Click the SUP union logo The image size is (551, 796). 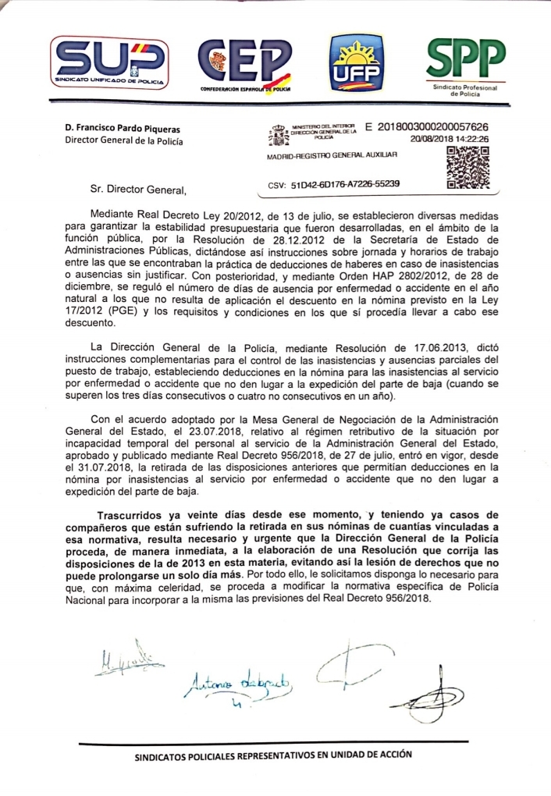(110, 62)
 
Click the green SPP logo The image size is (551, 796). (465, 62)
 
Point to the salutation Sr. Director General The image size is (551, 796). (136, 189)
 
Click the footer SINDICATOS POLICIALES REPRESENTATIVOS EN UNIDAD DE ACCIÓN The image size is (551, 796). (273, 755)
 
